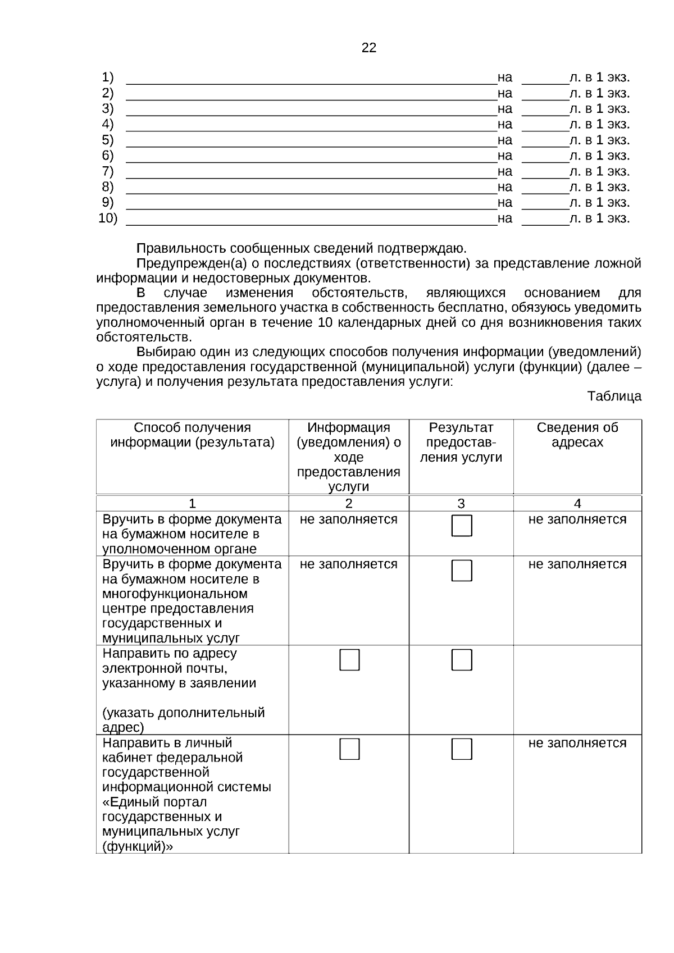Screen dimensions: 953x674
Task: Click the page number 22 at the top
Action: [368, 48]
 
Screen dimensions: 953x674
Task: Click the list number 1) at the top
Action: [107, 77]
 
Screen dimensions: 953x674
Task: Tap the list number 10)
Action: [108, 218]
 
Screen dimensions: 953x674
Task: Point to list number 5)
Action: [107, 140]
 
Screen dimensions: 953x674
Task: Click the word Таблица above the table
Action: [614, 396]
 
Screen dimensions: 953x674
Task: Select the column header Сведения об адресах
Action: [577, 435]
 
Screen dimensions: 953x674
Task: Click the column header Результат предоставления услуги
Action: [461, 443]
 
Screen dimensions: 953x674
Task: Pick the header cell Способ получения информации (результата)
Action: [192, 435]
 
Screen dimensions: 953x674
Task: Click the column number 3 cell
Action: [461, 504]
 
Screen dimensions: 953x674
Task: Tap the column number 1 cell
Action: [192, 504]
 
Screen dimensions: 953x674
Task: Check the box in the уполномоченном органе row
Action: [462, 526]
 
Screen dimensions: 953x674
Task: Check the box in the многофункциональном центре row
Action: [462, 571]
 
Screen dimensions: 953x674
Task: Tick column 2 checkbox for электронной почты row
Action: [349, 660]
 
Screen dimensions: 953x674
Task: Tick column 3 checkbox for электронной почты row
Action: [462, 660]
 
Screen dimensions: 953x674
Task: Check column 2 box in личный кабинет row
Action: [349, 749]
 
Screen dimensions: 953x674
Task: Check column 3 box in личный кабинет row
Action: [462, 749]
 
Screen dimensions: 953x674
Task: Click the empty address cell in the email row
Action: [577, 690]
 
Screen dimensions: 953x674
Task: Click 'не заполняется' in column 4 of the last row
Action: [577, 743]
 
